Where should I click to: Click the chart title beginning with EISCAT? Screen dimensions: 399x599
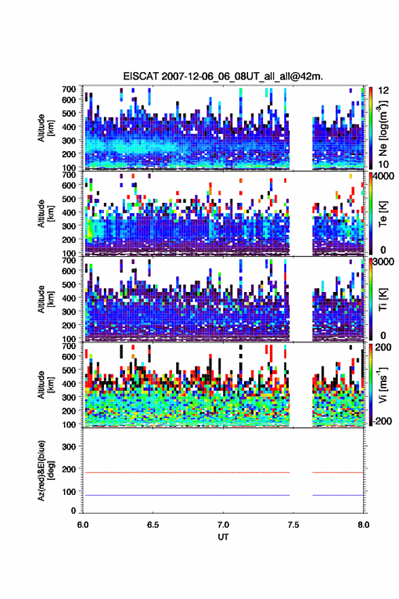pos(223,76)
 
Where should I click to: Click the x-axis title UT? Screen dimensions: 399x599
pos(223,537)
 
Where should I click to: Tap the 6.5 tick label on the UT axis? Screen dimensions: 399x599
pos(152,525)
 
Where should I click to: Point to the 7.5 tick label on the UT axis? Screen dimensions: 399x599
pos(293,525)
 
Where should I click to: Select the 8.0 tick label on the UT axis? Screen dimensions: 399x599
pos(363,525)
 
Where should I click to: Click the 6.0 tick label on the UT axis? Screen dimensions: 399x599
pos(83,525)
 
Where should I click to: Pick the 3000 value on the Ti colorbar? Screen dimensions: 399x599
pos(382,261)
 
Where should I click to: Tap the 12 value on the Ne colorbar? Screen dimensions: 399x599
pos(383,91)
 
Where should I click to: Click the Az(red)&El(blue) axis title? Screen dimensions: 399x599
pos(45,470)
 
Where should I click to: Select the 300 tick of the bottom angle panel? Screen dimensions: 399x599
pos(69,447)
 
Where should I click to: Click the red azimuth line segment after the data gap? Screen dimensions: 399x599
pos(338,472)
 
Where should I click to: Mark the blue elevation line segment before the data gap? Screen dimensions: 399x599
pos(187,495)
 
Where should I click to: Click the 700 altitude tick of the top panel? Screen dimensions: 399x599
pos(69,89)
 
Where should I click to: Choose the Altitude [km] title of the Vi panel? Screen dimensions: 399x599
pos(46,385)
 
